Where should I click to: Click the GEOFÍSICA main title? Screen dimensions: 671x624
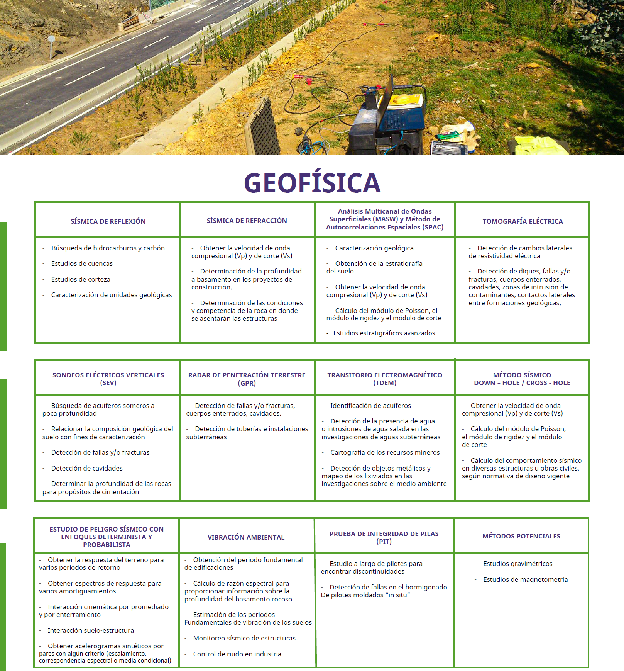pos(312,183)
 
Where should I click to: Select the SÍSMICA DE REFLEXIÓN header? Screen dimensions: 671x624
pos(108,221)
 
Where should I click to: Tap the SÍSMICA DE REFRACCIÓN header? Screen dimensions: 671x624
pos(247,221)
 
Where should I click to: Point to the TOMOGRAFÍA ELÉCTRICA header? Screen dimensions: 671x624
pos(523,221)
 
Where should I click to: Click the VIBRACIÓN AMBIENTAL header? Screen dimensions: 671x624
pos(246,537)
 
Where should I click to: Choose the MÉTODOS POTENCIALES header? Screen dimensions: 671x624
pos(521,536)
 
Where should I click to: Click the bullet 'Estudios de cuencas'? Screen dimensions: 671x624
pos(82,263)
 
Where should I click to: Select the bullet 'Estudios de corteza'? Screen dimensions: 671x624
pos(81,279)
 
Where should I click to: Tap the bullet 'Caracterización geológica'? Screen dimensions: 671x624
pos(374,248)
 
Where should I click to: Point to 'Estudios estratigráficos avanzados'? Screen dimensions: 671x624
pos(384,333)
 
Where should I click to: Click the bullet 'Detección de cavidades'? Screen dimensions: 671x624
pos(87,468)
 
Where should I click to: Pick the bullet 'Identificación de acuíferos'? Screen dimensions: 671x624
pos(370,406)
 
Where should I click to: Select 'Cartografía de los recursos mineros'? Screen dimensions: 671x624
pos(385,452)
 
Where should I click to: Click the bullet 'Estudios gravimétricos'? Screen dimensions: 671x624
pos(517,564)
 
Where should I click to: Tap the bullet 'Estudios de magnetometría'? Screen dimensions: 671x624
pos(525,579)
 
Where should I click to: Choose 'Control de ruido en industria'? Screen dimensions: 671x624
pos(237,654)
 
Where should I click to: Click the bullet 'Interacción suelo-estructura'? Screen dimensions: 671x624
pos(91,630)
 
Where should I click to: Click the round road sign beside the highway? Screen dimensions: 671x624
pos(51,39)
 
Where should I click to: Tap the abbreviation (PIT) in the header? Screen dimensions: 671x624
pos(384,542)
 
